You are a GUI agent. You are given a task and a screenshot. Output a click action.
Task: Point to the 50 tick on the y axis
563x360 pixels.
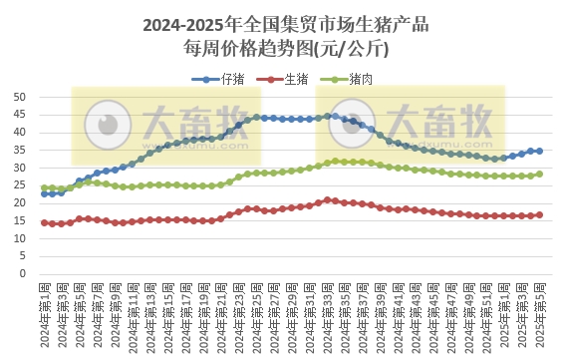coord(20,98)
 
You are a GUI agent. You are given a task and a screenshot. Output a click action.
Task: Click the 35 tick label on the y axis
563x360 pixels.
coord(20,151)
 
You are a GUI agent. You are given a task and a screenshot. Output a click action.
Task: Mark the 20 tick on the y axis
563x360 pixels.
coord(20,203)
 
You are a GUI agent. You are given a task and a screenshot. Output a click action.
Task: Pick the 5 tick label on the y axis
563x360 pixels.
coord(23,256)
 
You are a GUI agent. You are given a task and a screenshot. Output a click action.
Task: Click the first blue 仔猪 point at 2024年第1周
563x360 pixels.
coord(44,193)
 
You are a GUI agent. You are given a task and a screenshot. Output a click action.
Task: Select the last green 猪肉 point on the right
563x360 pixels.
coord(539,174)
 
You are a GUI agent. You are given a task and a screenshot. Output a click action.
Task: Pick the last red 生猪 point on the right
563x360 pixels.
coord(539,214)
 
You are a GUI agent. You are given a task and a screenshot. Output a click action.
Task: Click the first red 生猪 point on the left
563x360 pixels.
coord(44,222)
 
